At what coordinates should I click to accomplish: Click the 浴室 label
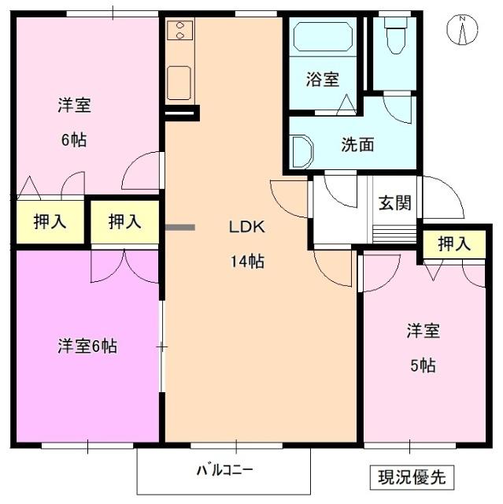coord(323,80)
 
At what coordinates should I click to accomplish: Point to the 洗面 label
coord(357,145)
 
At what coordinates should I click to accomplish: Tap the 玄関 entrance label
coord(394,202)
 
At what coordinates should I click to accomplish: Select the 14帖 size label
coord(247,261)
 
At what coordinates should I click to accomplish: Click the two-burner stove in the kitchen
coord(180,31)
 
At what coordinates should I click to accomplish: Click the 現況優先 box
coord(412,476)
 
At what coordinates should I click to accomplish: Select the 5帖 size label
coord(422,365)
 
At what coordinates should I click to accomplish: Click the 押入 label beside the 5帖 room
coord(454,244)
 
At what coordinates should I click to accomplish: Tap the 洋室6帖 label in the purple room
coord(87,346)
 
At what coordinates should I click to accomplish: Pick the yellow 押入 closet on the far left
coord(49,221)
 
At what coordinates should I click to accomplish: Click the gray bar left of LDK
coord(180,228)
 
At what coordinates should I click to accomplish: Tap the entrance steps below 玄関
coord(394,233)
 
